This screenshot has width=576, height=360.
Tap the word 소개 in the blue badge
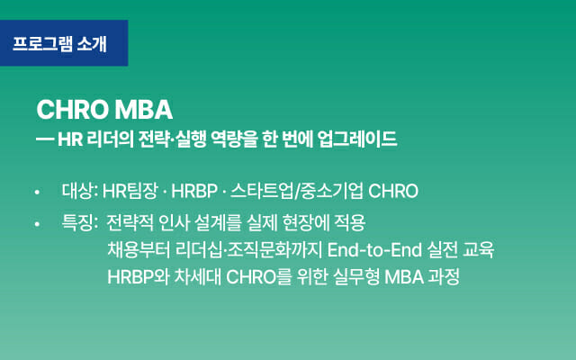pyautogui.click(x=92, y=44)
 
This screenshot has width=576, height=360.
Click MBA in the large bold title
pyautogui.click(x=144, y=110)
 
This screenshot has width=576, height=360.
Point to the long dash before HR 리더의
pyautogui.click(x=45, y=139)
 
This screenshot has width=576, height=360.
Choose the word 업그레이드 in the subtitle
pyautogui.click(x=357, y=139)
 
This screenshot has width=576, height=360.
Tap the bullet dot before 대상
pyautogui.click(x=37, y=192)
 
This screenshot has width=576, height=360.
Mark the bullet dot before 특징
pyautogui.click(x=37, y=223)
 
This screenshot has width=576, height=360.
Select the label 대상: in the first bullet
pyautogui.click(x=80, y=191)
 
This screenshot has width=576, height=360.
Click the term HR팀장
pyautogui.click(x=130, y=191)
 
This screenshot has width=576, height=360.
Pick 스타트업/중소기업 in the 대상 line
pyautogui.click(x=297, y=191)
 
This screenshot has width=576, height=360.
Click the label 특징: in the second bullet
pyautogui.click(x=80, y=222)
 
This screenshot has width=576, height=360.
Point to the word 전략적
pyautogui.click(x=130, y=222)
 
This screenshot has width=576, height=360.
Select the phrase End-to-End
pyautogui.click(x=374, y=250)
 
